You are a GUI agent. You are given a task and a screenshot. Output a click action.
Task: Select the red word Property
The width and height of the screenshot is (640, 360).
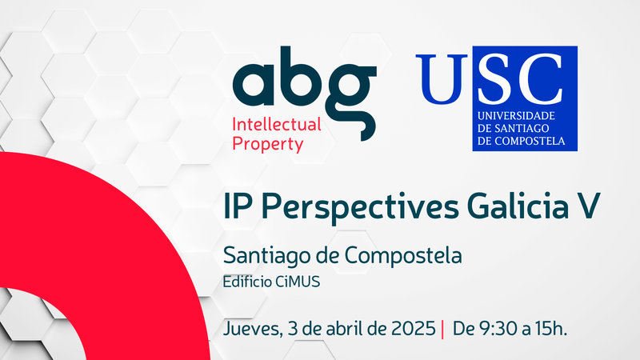(267, 144)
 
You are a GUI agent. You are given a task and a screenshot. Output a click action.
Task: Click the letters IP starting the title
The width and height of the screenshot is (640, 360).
(238, 206)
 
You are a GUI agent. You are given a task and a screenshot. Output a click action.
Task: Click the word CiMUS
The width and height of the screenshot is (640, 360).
(287, 281)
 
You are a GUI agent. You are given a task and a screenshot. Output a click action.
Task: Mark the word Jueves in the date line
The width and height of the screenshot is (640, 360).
(249, 329)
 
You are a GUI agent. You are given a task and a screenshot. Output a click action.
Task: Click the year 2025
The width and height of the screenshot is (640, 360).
(413, 328)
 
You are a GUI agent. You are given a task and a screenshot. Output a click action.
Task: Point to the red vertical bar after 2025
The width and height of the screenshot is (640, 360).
(442, 329)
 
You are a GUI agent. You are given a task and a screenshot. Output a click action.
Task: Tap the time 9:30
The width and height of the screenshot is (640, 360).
(493, 328)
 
